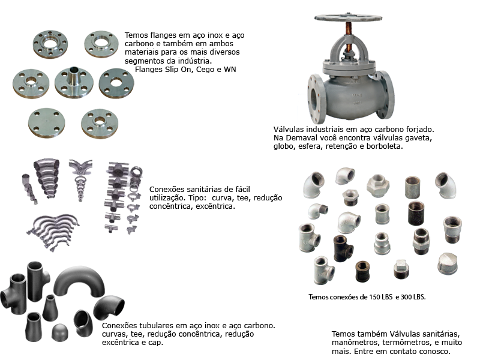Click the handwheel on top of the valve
(348, 17)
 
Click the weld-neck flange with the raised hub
(74, 82)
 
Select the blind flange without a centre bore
(47, 123)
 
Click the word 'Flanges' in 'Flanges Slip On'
(149, 70)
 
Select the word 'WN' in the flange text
(230, 70)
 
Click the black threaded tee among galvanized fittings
(343, 248)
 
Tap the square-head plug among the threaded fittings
(401, 269)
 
